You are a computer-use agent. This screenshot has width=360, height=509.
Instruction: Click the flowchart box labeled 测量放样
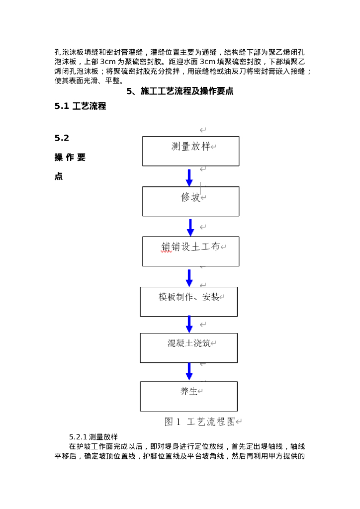(x=190, y=151)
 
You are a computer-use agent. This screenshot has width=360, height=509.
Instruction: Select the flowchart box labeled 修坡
(x=190, y=201)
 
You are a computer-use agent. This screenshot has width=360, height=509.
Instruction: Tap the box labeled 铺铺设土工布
(x=190, y=251)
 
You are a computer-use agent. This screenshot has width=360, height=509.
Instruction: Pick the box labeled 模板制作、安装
(x=188, y=301)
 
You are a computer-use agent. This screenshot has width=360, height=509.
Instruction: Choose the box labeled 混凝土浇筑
(x=188, y=347)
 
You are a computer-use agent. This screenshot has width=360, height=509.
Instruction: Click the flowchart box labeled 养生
(x=188, y=396)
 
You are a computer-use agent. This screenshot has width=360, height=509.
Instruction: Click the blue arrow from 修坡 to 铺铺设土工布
(x=190, y=227)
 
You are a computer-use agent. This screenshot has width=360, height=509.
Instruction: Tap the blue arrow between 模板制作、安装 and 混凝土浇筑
(x=189, y=324)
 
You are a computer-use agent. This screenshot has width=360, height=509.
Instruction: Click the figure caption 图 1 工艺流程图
(x=203, y=422)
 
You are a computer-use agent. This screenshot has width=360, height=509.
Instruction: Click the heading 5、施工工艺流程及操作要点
(x=180, y=91)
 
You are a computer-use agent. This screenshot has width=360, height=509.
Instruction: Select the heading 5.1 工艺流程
(x=80, y=106)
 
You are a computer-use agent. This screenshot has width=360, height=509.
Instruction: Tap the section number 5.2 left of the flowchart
(x=62, y=138)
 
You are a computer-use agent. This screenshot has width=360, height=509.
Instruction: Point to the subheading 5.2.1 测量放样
(x=93, y=437)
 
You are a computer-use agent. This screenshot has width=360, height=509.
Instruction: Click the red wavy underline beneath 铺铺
(x=166, y=252)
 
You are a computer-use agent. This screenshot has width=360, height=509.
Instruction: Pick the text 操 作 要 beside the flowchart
(x=70, y=158)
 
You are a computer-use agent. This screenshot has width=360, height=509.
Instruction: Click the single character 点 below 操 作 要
(x=59, y=176)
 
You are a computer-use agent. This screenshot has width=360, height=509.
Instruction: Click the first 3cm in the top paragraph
(x=108, y=62)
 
